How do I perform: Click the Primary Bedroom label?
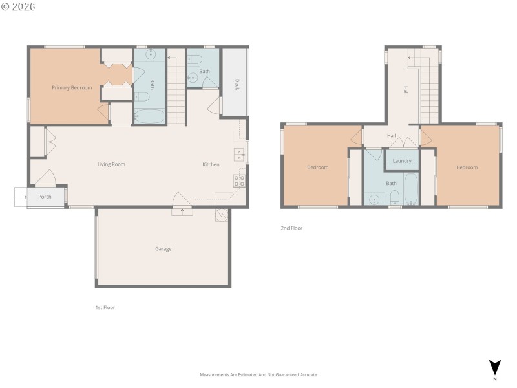pyautogui.click(x=72, y=87)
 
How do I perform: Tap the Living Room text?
pyautogui.click(x=111, y=164)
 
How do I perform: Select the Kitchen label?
pyautogui.click(x=211, y=164)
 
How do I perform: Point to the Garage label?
pyautogui.click(x=163, y=248)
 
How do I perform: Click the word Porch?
pyautogui.click(x=45, y=197)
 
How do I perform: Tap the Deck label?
pyautogui.click(x=237, y=84)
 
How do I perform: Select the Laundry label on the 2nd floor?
pyautogui.click(x=402, y=161)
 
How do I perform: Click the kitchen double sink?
pyautogui.click(x=238, y=154)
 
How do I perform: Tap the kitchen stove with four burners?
pyautogui.click(x=238, y=180)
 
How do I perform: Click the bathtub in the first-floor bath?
pyautogui.click(x=150, y=117)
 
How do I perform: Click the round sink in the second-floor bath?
pyautogui.click(x=374, y=199)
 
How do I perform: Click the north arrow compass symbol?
pyautogui.click(x=494, y=368)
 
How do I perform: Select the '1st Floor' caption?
pyautogui.click(x=105, y=307)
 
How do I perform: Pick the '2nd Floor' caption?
pyautogui.click(x=291, y=228)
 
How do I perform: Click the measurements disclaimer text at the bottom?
pyautogui.click(x=258, y=374)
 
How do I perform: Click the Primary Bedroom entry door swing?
pyautogui.click(x=103, y=111)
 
